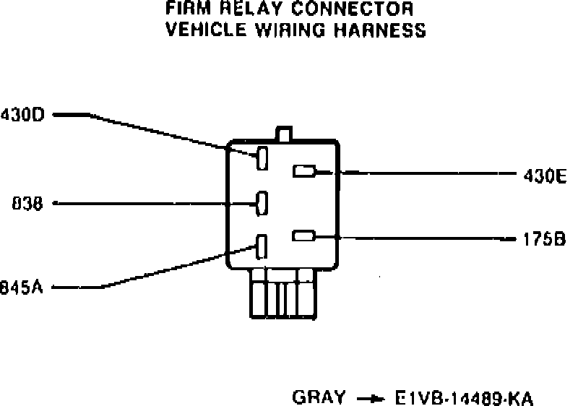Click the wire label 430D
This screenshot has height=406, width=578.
tap(23, 114)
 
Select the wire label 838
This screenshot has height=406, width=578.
tap(28, 204)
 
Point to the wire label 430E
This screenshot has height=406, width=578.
tap(545, 174)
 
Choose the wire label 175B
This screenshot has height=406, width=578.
tap(545, 238)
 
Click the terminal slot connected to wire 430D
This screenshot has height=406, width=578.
tap(263, 158)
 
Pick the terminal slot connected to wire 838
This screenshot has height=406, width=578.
tap(263, 203)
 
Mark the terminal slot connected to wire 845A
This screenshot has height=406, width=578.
tap(262, 246)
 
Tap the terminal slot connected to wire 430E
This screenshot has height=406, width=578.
tap(303, 171)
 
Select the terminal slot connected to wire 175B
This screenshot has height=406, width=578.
tap(303, 236)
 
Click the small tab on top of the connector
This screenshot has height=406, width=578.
tap(284, 134)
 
